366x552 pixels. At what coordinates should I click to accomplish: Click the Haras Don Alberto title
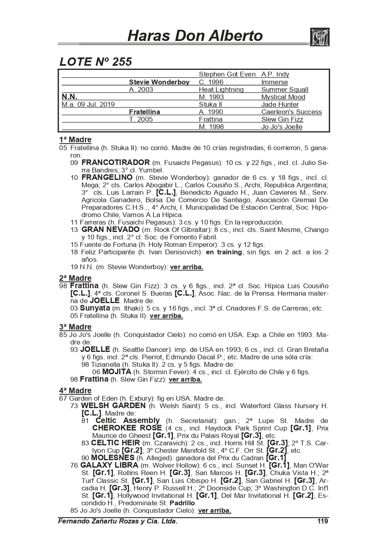[195, 36]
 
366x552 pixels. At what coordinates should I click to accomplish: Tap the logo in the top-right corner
[319, 37]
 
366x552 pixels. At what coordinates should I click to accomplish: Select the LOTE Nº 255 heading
[96, 62]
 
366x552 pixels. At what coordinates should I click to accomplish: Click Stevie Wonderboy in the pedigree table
[159, 82]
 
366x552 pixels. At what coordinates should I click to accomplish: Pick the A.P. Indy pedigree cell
[275, 74]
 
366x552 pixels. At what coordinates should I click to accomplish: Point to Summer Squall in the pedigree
[285, 90]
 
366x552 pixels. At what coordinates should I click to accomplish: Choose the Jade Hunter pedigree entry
[280, 105]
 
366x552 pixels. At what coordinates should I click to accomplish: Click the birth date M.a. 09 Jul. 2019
[88, 105]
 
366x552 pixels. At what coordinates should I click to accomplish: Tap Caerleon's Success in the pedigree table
[291, 112]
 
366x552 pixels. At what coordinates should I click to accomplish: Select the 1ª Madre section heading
[75, 140]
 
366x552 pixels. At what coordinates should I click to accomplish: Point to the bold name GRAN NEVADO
[110, 229]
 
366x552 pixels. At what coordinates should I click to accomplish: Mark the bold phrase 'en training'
[223, 252]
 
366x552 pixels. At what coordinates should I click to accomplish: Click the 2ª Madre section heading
[75, 278]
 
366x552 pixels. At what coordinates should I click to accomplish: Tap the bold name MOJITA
[117, 372]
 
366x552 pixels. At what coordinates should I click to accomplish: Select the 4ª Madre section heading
[75, 391]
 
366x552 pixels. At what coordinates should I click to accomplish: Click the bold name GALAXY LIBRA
[109, 465]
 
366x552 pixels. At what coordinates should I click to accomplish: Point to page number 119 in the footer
[323, 521]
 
